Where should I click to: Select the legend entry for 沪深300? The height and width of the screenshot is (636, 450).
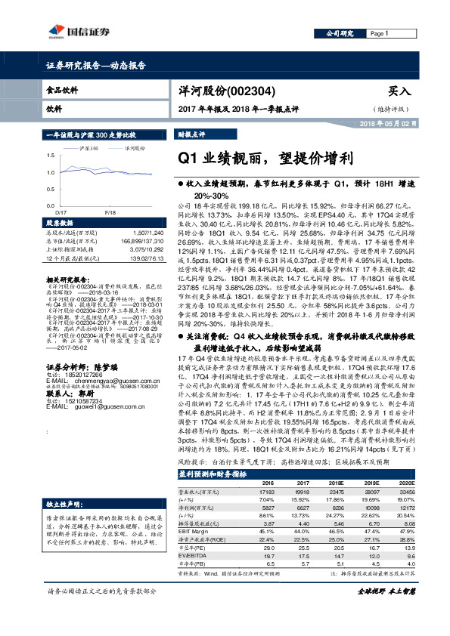click(90, 149)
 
